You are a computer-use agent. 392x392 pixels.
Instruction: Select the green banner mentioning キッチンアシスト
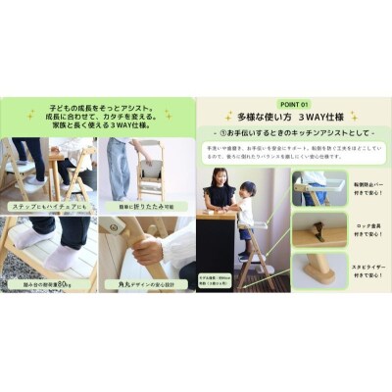click(x=294, y=133)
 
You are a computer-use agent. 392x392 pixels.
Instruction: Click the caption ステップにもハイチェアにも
click(x=48, y=208)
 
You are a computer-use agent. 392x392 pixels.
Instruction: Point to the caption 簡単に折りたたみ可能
click(x=147, y=208)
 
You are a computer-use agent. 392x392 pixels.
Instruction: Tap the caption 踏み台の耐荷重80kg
click(x=48, y=287)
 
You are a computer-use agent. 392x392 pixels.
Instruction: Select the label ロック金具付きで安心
click(x=368, y=234)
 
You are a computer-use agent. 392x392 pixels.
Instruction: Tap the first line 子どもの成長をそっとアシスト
click(x=98, y=101)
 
